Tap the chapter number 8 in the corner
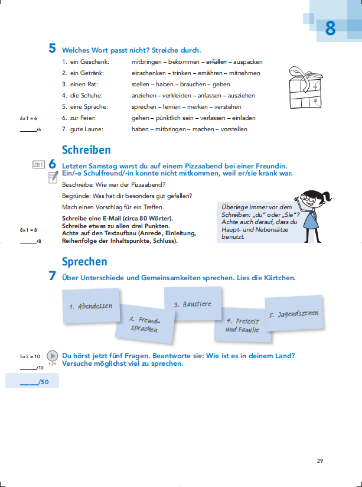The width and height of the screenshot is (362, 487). [x=330, y=28]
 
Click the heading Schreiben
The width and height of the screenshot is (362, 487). [x=86, y=150]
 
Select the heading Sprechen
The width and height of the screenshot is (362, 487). [x=84, y=261]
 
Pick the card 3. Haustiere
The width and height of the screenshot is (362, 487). [x=193, y=304]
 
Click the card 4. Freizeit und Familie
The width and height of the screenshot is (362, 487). [x=242, y=326]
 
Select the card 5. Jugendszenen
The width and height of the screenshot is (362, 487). [x=293, y=314]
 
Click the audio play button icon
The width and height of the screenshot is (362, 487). [x=53, y=356]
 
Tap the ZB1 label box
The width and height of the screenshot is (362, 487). [x=38, y=165]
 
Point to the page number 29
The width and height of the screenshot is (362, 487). [x=320, y=461]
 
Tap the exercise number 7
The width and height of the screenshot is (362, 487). [x=53, y=277]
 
